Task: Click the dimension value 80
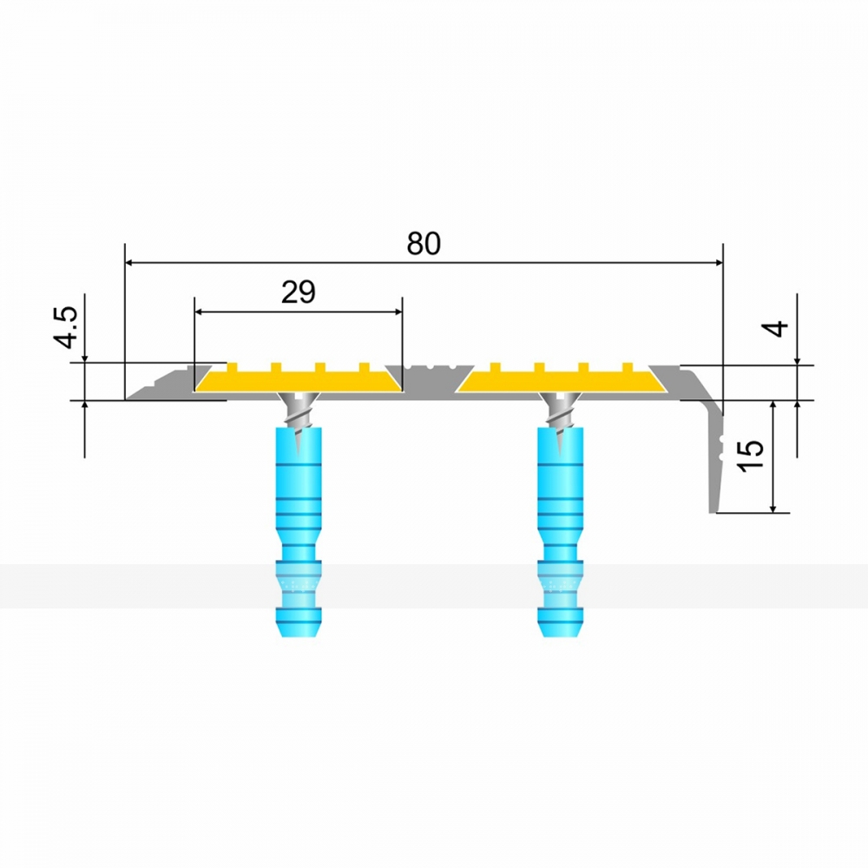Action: (424, 244)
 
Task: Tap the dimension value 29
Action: (299, 293)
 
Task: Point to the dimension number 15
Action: (751, 456)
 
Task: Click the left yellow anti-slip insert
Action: (299, 378)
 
